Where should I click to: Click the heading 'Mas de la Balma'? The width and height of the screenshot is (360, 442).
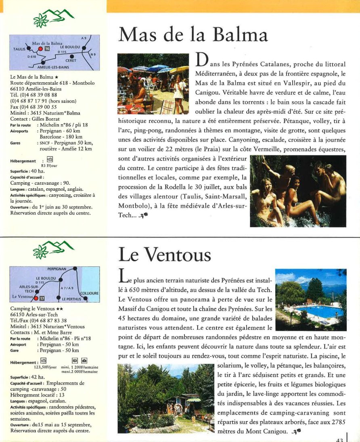[x=193, y=35]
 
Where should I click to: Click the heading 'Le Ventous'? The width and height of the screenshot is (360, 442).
[x=164, y=254]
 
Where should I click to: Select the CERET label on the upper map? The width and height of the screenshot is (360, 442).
[x=71, y=60]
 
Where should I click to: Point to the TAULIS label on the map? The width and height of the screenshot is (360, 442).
[x=19, y=49]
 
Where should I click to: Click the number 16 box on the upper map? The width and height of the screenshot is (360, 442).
[x=47, y=49]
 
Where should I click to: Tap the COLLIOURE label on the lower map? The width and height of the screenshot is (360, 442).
[x=90, y=293]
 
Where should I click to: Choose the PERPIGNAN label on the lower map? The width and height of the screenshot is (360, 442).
[x=59, y=269]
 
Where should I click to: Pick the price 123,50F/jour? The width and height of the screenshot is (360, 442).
[x=45, y=367]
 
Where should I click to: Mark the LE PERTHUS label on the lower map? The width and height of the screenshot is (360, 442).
[x=72, y=299]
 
